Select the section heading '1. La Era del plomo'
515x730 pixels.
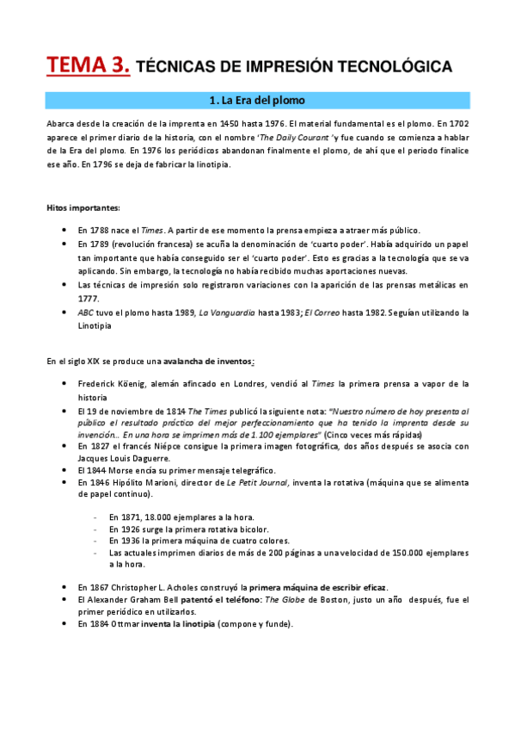tap(257, 101)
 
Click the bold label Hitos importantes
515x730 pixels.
tap(83, 207)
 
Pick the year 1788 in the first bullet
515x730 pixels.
tap(100, 230)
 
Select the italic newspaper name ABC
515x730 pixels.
tap(85, 312)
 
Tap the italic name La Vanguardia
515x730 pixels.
tap(227, 312)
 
